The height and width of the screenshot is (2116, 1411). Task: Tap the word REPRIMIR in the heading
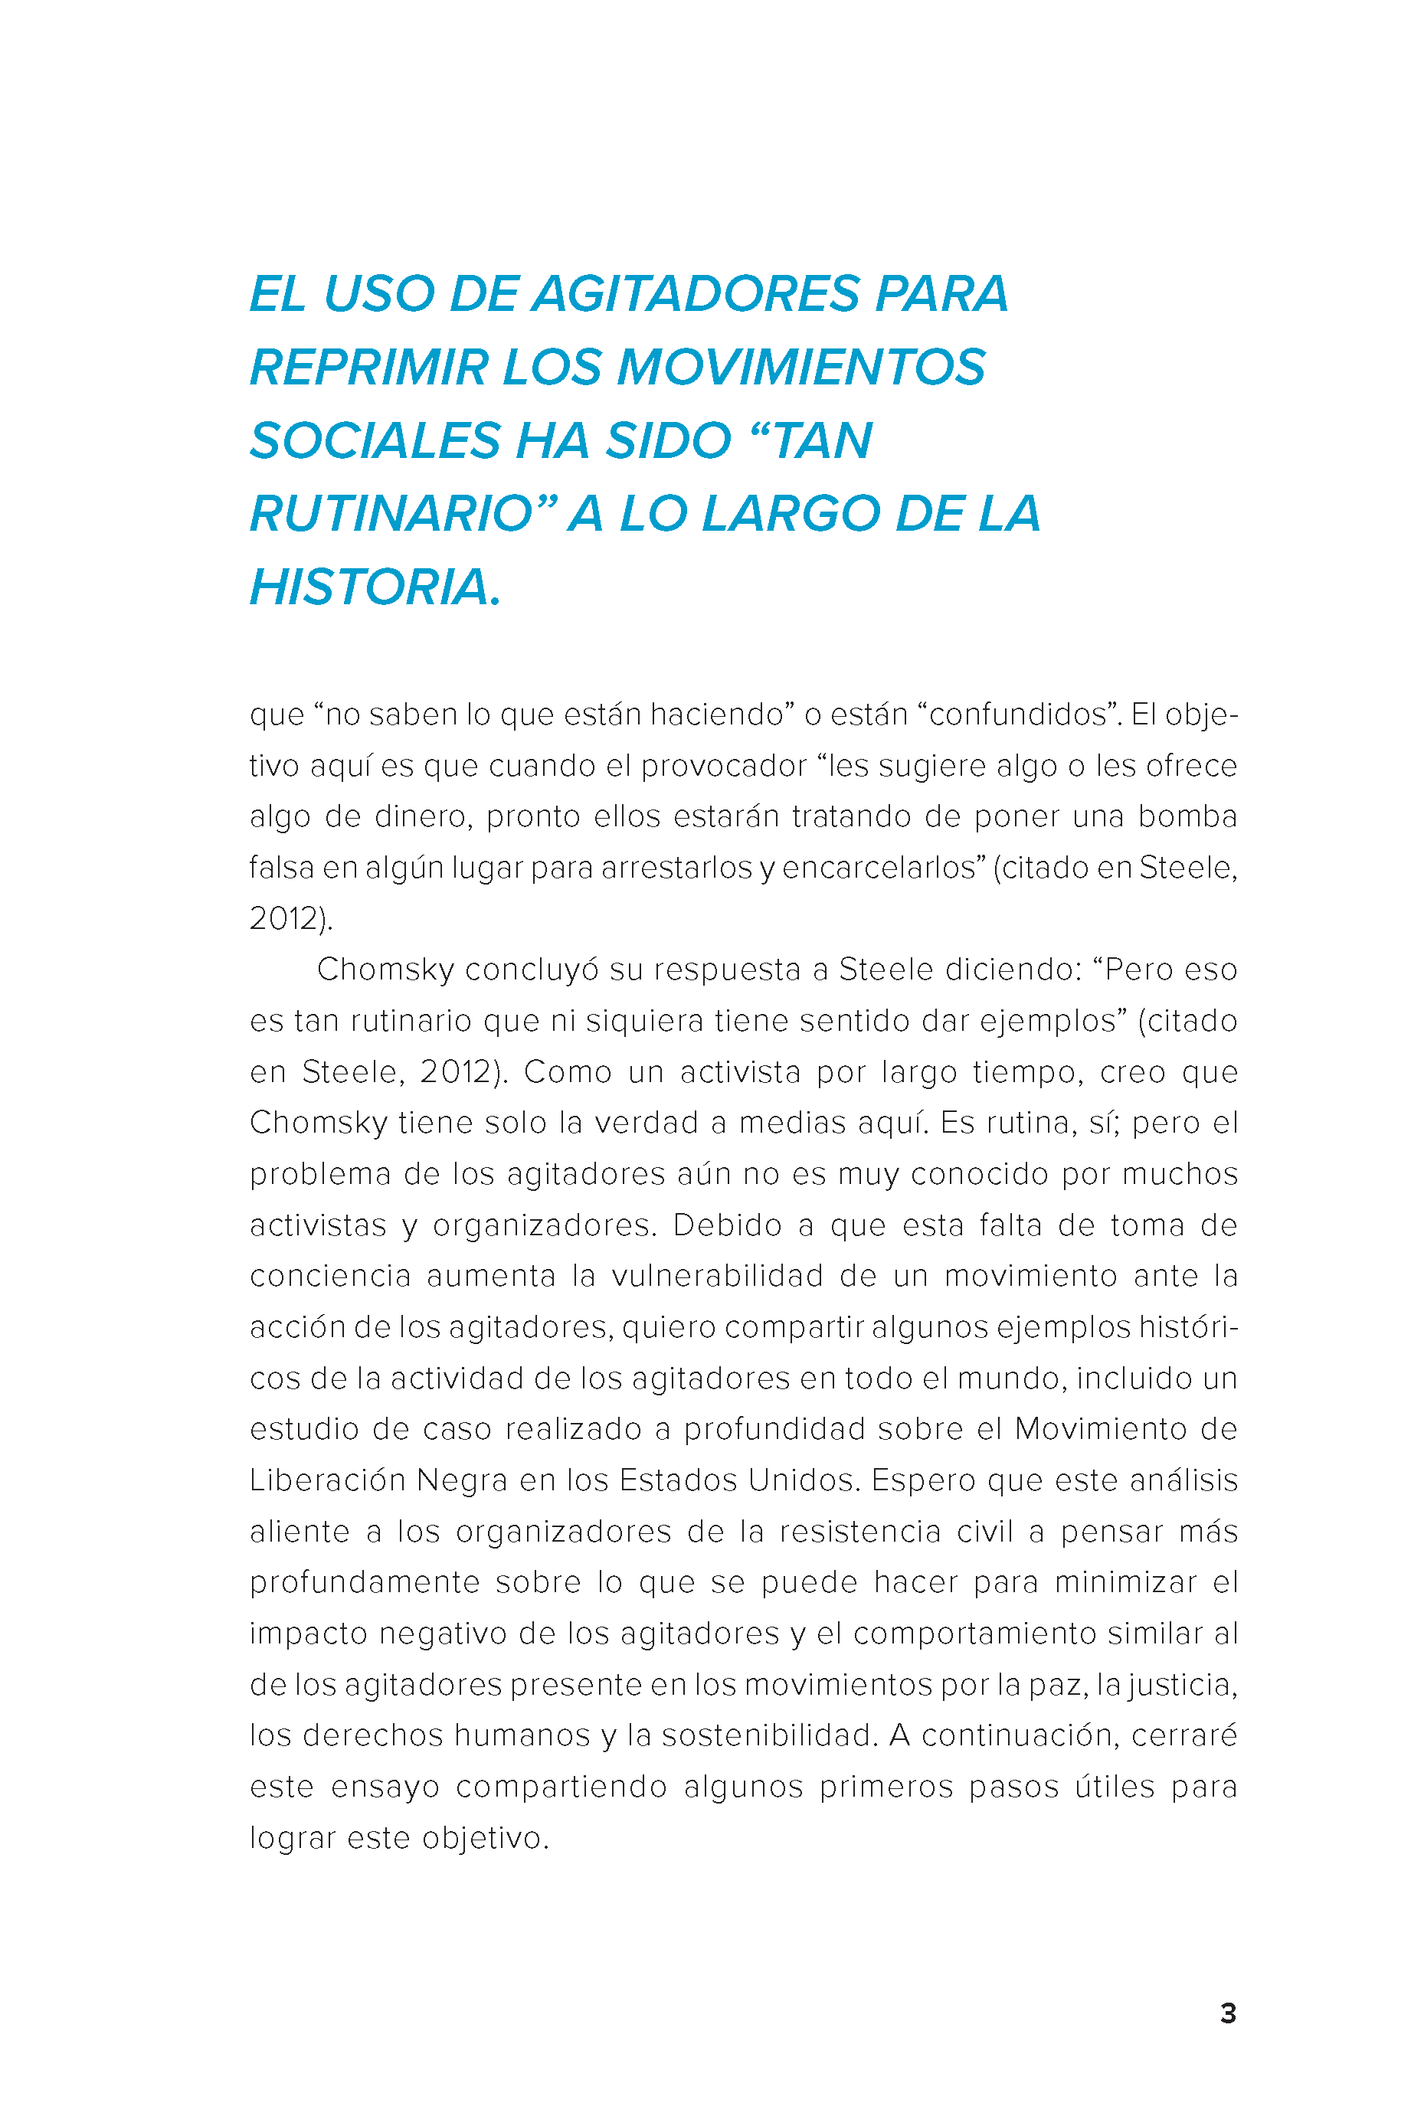368,368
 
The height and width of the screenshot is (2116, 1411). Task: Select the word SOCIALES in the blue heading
375,441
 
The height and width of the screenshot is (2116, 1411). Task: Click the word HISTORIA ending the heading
375,587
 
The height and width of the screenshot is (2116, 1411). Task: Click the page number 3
1227,2013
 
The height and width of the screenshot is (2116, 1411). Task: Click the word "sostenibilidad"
769,1735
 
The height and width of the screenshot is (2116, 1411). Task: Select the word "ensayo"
385,1787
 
